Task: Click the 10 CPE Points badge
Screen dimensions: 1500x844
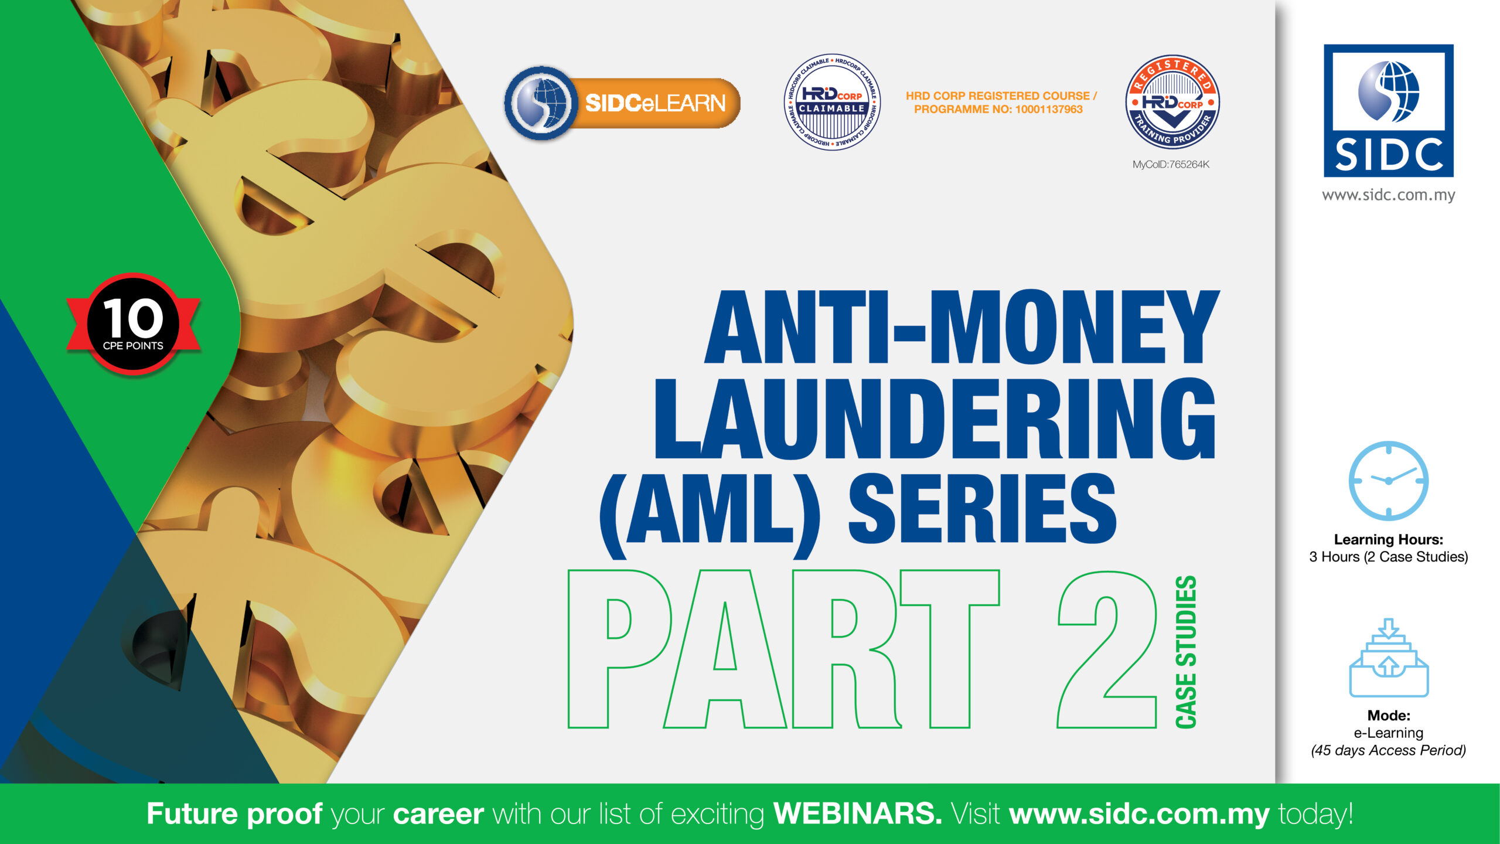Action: [134, 324]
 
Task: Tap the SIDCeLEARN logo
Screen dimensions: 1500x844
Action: [622, 103]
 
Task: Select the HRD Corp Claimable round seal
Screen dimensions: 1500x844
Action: [832, 102]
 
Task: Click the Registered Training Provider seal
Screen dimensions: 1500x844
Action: [1172, 102]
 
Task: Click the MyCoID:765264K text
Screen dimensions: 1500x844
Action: [1171, 165]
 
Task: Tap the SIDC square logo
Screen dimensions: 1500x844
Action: [1389, 111]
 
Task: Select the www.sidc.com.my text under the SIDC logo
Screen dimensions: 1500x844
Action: [1389, 195]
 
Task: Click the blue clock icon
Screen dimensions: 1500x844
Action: [1389, 481]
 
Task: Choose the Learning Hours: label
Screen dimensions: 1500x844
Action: [1389, 540]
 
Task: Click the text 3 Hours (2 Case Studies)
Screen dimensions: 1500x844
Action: [1389, 557]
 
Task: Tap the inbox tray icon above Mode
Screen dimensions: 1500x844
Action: [1389, 657]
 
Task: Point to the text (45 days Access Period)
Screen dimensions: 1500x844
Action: [1389, 750]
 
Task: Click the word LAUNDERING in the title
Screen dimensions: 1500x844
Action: [935, 418]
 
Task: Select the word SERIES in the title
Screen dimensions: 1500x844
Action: [983, 508]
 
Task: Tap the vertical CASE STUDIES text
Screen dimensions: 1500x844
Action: [1186, 652]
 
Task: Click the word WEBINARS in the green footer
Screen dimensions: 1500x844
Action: [858, 814]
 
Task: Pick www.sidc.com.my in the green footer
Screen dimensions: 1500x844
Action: [1140, 815]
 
